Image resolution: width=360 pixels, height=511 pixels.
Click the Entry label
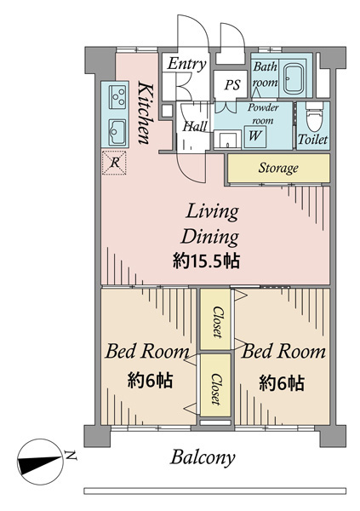[x=187, y=64]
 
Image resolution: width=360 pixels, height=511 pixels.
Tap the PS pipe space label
[x=232, y=84]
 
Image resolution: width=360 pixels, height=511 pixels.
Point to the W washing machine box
[x=255, y=135]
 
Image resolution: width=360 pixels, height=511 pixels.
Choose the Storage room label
[x=278, y=168]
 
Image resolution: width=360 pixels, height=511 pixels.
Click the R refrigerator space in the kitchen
[x=114, y=163]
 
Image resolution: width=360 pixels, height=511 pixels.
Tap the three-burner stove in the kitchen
[x=117, y=95]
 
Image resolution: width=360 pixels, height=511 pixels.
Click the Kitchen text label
[x=144, y=112]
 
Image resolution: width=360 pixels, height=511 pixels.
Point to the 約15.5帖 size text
[x=206, y=261]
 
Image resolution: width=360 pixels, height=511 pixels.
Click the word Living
[x=212, y=212]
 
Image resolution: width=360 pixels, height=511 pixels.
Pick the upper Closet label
[x=216, y=322]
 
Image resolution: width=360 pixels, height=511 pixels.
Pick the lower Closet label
[x=216, y=389]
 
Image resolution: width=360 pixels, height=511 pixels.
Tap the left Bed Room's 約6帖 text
[x=150, y=381]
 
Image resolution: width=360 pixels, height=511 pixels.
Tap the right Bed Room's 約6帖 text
[x=282, y=383]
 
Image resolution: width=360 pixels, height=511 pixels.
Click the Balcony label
[x=203, y=457]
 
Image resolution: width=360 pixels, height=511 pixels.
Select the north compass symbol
[x=39, y=462]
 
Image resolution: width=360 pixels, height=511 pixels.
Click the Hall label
[x=195, y=126]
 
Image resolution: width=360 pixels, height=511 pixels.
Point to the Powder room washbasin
[x=228, y=141]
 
